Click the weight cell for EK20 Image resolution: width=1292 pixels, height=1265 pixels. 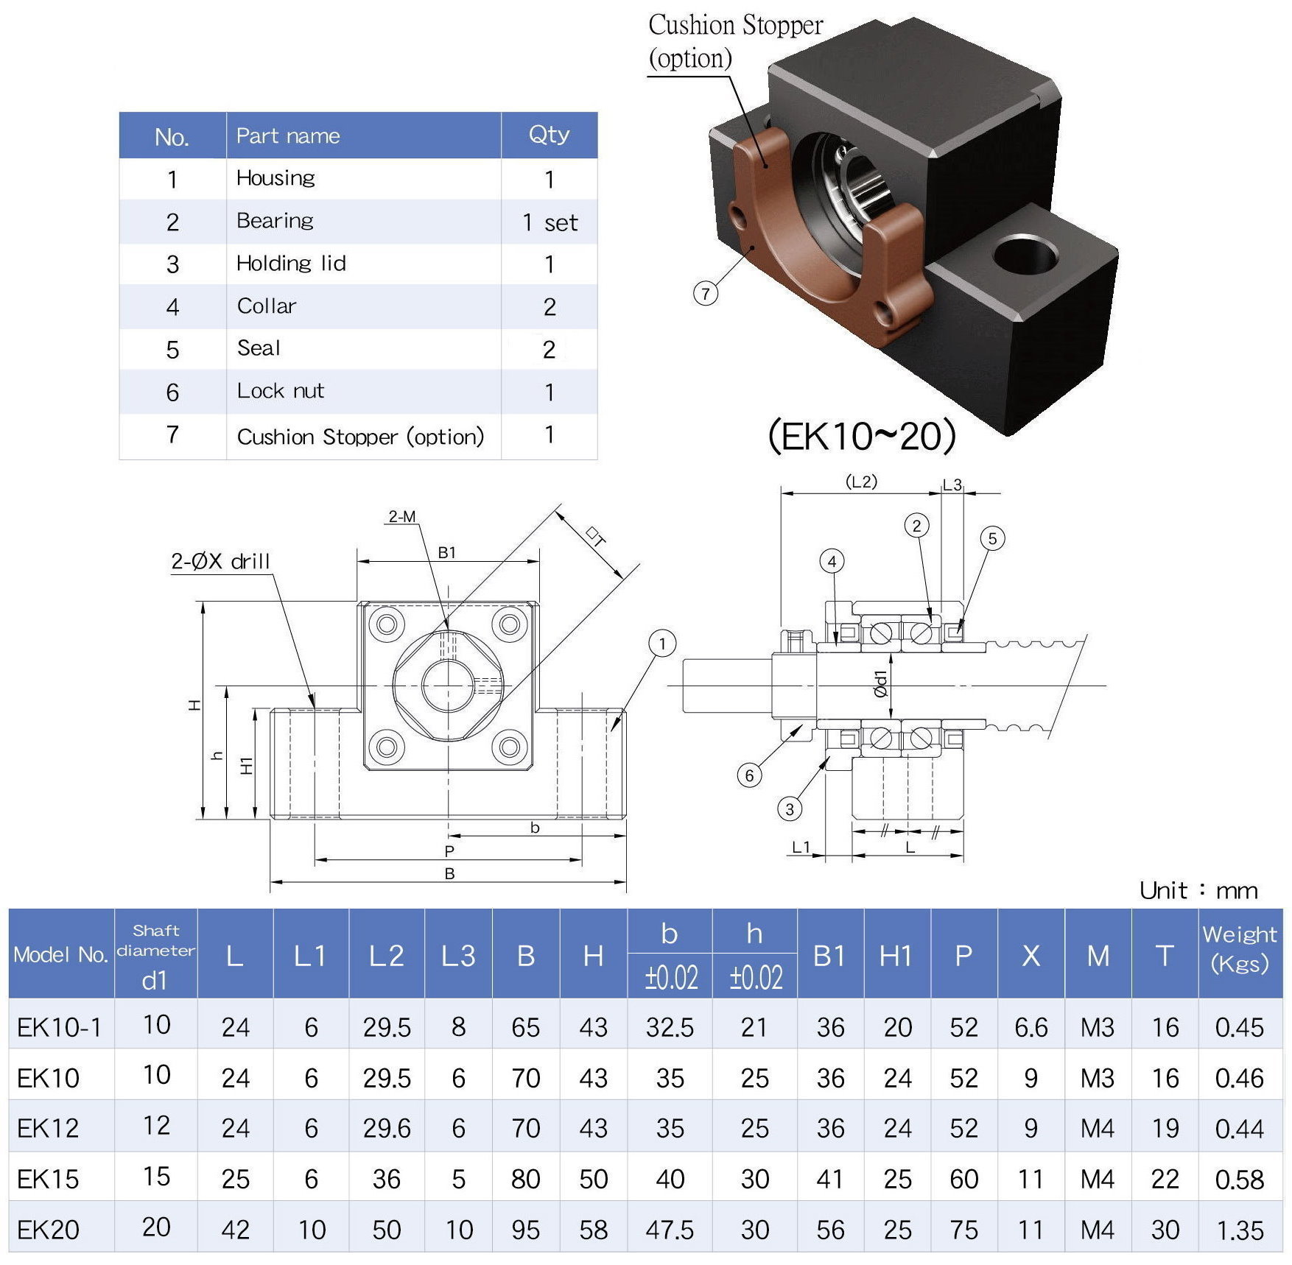pos(1240,1230)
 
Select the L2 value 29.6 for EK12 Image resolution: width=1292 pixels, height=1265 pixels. pos(387,1128)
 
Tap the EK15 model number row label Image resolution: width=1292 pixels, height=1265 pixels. pos(48,1179)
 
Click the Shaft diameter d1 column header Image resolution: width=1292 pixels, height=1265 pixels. pos(155,955)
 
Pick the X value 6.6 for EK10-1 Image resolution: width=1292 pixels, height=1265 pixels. pos(1031,1027)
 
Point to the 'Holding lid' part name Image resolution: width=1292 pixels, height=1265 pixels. pos(291,264)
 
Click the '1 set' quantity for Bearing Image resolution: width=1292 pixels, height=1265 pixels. pos(550,222)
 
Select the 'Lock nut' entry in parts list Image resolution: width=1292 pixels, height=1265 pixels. pos(281,391)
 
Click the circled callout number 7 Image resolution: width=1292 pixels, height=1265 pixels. pos(706,294)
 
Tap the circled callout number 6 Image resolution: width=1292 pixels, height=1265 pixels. pos(749,775)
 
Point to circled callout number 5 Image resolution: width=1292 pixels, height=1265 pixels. pos(992,538)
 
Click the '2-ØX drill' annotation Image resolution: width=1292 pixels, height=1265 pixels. pos(220,562)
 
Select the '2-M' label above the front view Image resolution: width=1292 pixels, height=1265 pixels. pos(402,517)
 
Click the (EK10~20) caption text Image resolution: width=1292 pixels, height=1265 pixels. pos(862,436)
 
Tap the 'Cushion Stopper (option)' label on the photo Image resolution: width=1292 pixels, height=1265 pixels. pos(734,41)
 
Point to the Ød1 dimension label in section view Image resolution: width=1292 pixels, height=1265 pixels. pos(882,684)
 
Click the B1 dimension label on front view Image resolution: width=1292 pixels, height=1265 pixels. pos(447,552)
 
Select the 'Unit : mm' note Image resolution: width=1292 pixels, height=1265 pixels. pos(1198,891)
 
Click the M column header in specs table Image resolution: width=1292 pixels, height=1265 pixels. pos(1098,956)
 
